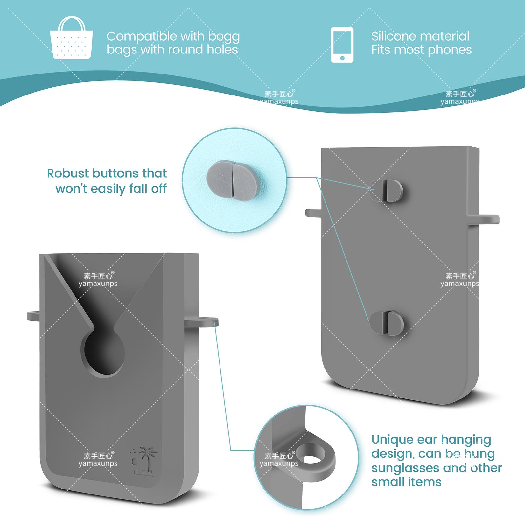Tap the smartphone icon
(x=342, y=45)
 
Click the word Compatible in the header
(x=146, y=36)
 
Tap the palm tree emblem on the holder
(x=144, y=460)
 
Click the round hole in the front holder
(x=103, y=355)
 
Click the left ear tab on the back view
(x=313, y=213)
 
